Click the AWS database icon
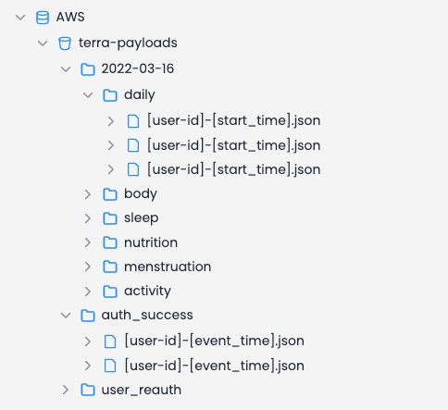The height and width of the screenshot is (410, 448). tap(43, 18)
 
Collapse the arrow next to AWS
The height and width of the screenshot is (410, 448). tap(20, 18)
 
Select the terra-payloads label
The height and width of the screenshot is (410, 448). tap(128, 43)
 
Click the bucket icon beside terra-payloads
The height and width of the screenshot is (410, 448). tap(65, 43)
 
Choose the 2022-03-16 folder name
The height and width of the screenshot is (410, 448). tap(138, 68)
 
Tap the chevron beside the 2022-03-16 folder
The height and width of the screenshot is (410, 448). tap(66, 69)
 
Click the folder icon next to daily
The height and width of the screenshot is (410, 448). tap(110, 95)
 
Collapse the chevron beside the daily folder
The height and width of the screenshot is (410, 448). tap(88, 95)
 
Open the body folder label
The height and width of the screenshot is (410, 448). tap(141, 194)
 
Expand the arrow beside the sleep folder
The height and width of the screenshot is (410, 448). tap(88, 218)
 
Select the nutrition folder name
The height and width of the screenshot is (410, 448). tap(151, 242)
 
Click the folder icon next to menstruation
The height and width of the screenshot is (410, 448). tap(110, 267)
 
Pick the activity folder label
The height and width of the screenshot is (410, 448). tap(147, 291)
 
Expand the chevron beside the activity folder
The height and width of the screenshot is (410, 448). tap(88, 292)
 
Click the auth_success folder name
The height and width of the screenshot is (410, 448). tap(147, 315)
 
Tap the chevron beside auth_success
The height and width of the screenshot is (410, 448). tap(66, 316)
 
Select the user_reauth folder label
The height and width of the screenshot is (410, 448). tap(142, 390)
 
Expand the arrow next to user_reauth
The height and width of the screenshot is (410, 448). tap(66, 390)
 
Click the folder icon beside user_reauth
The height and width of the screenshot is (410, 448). tap(88, 390)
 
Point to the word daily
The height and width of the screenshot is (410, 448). tap(140, 94)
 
